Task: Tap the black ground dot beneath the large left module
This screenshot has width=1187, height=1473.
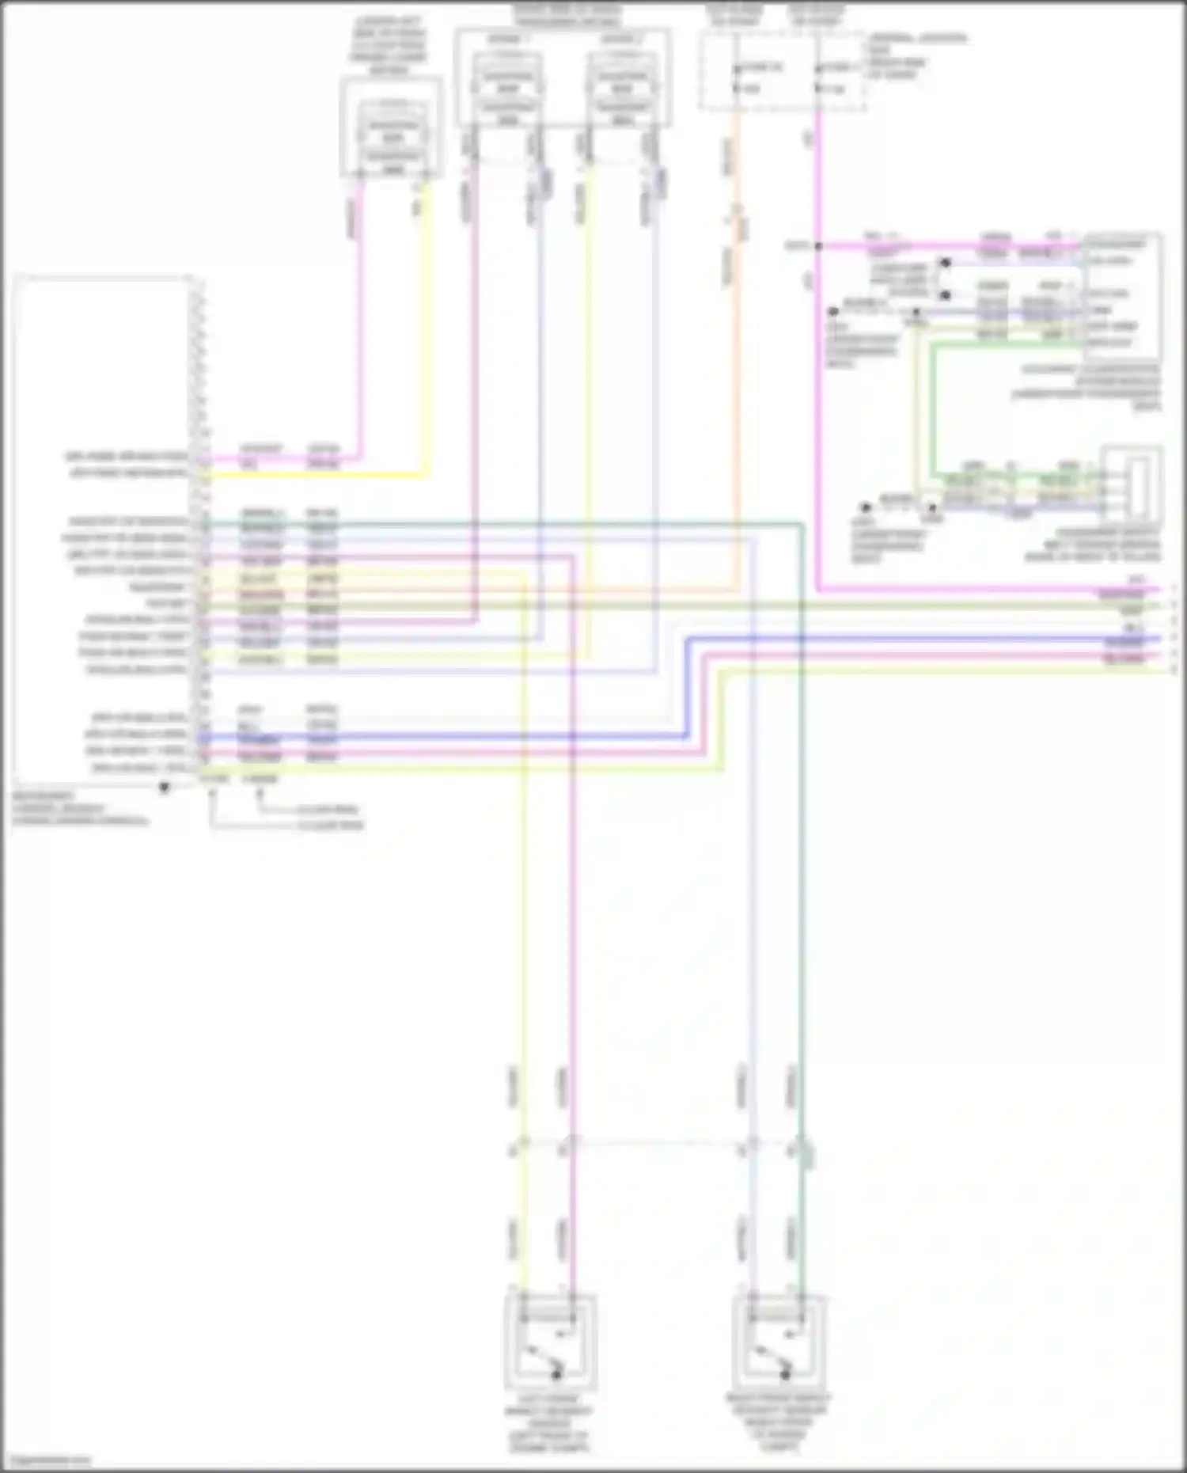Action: (x=165, y=788)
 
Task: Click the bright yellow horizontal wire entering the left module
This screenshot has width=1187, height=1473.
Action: (x=317, y=476)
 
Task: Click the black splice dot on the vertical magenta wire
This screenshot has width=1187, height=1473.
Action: (x=818, y=246)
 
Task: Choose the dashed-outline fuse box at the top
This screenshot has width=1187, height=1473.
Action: (x=782, y=71)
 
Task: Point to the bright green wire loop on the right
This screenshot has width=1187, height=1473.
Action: (x=932, y=412)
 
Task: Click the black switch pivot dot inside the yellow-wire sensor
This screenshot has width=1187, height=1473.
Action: (x=556, y=1376)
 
